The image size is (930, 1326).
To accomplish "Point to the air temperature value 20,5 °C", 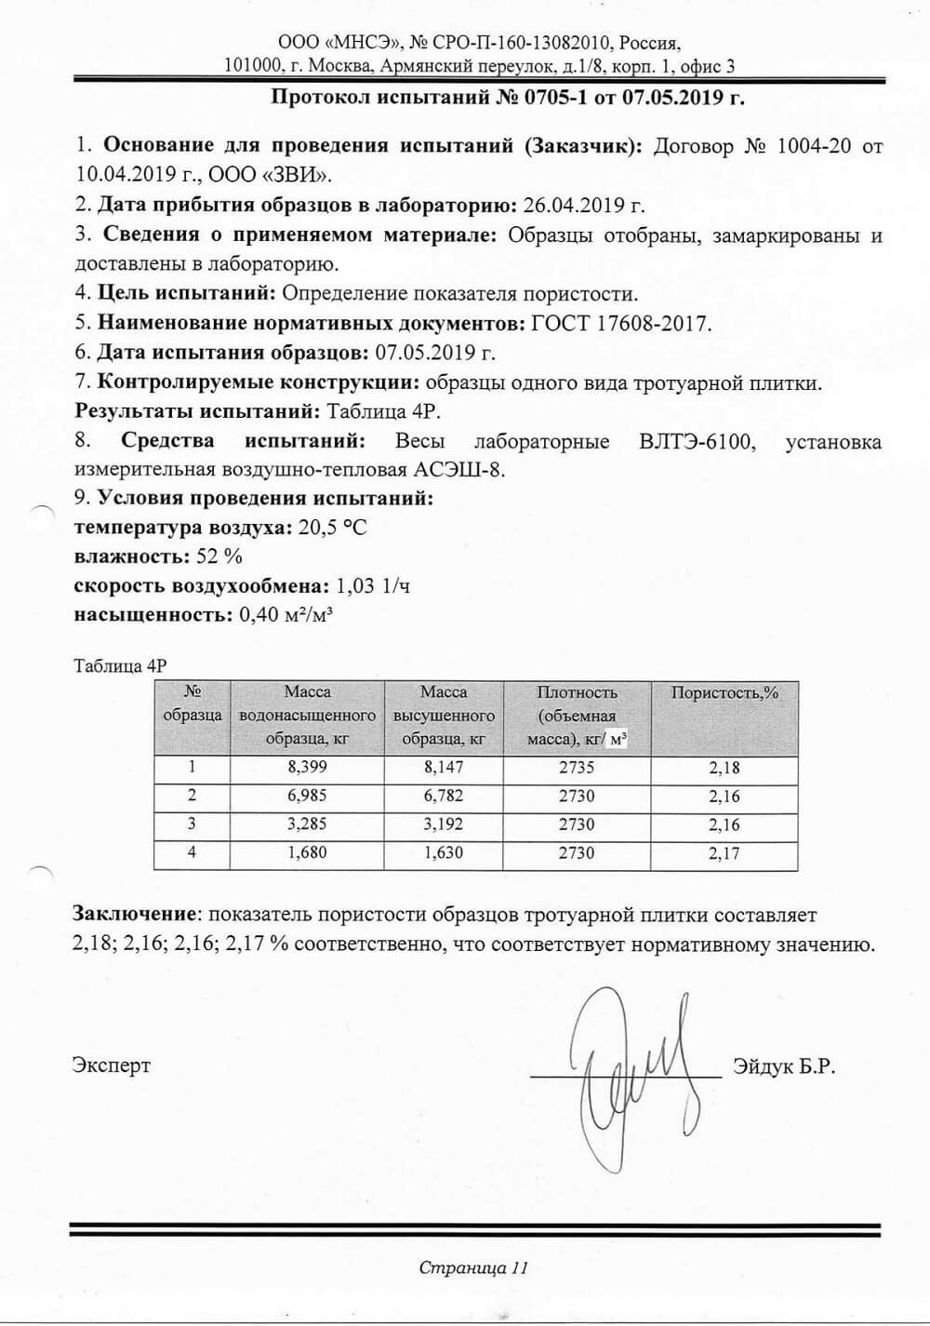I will [332, 528].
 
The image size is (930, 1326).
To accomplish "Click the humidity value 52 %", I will [219, 556].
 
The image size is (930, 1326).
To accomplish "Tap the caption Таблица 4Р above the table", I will [119, 666].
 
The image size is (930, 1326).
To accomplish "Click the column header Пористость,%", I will [724, 693].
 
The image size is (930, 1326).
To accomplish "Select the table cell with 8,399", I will [308, 768].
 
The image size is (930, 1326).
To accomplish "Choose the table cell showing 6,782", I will [443, 796].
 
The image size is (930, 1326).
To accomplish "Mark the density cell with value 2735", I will [577, 768].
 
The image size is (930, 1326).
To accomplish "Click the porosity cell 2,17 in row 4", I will [724, 852].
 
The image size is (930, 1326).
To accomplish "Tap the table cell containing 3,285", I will [308, 824].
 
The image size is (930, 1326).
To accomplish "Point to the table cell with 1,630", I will [443, 852].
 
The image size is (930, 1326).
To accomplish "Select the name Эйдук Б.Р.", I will [784, 1066].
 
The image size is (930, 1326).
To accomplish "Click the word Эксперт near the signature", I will [112, 1065].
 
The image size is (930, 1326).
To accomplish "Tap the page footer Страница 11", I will [473, 1267].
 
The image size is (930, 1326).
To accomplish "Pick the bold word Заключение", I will [136, 916].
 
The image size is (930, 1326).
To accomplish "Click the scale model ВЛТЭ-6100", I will [694, 441].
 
